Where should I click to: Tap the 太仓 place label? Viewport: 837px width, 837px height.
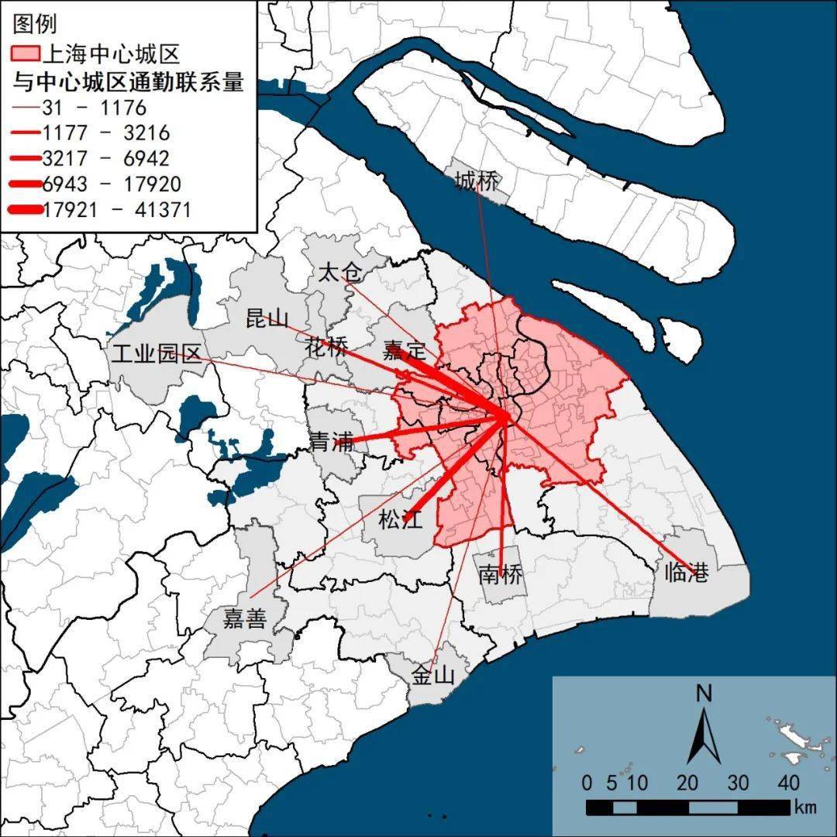coord(341,273)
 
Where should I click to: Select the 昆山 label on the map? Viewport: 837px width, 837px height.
coord(267,318)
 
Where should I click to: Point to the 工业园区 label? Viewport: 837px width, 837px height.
coord(157,354)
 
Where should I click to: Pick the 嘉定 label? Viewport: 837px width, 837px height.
coord(405,350)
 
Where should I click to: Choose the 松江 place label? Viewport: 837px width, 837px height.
coord(400,520)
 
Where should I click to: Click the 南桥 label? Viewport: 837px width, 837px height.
coord(501,575)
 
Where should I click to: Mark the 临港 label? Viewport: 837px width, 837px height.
coord(687,573)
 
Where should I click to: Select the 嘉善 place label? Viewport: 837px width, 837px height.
coord(245,619)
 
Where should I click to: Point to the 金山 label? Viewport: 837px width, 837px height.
coord(432,676)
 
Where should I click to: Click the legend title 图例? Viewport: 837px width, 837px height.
coord(35,24)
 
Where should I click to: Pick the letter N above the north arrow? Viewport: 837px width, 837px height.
coord(704,694)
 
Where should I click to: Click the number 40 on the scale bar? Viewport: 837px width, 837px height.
coord(788,782)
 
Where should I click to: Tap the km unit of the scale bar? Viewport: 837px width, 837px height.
coord(805,807)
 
